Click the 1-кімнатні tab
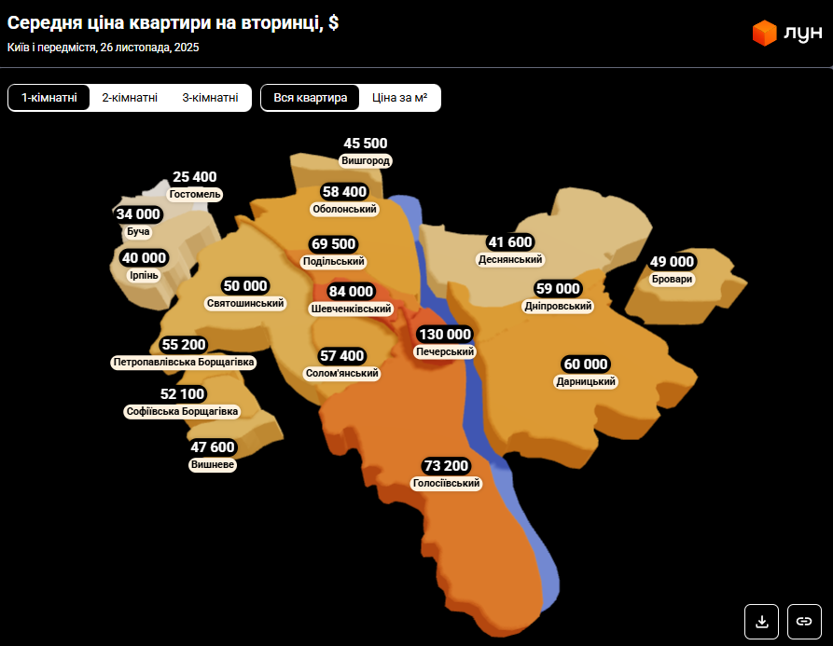click(x=49, y=98)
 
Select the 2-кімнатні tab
click(x=130, y=98)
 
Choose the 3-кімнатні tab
click(x=210, y=98)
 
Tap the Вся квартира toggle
click(x=311, y=98)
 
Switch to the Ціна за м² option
click(x=399, y=98)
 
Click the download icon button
click(x=761, y=621)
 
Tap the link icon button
click(x=804, y=621)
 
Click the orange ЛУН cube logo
click(x=765, y=34)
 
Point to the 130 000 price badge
click(x=445, y=335)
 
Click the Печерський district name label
click(x=445, y=352)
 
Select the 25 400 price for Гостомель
click(x=195, y=177)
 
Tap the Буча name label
click(x=138, y=231)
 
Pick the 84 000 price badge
click(x=351, y=292)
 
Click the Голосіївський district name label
click(x=446, y=484)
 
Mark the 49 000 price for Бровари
click(x=673, y=262)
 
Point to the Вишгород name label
click(x=366, y=161)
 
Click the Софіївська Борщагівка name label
click(x=182, y=411)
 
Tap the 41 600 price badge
click(x=510, y=242)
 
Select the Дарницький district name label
click(x=586, y=381)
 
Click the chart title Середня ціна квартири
click(x=173, y=23)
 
